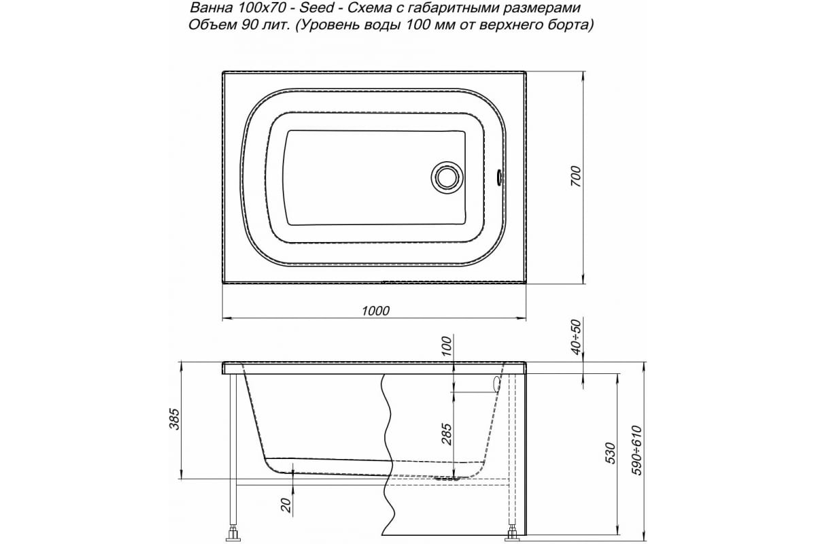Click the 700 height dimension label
tap(575, 177)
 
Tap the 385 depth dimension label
tap(175, 421)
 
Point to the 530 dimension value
tap(610, 452)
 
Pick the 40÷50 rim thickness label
tap(576, 338)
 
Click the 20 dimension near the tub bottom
tap(286, 505)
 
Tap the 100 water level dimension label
tap(447, 345)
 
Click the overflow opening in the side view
tap(496, 384)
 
